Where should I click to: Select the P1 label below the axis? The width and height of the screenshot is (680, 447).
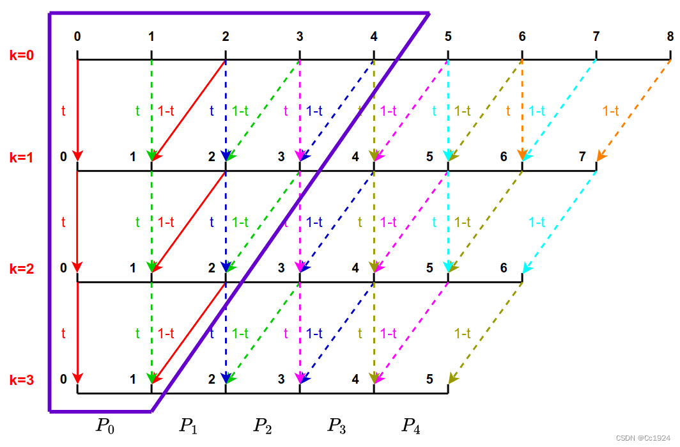pos(187,425)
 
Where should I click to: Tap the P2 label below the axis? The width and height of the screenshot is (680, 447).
pos(261,425)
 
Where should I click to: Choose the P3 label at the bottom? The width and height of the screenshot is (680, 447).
pos(336,425)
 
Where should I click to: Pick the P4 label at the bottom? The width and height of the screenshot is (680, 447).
pos(410,425)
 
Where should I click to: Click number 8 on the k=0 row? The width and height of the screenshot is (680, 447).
pos(670,36)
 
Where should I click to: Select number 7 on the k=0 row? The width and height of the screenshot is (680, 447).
pos(596,36)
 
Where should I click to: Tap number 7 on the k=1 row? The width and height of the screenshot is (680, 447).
pos(582,156)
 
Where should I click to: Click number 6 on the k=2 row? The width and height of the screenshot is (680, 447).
pos(504,268)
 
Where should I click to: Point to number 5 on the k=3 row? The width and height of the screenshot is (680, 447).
pos(431,379)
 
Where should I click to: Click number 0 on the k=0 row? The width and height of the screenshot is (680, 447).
pos(77,36)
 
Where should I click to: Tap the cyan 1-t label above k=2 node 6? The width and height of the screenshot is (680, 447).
pos(536,222)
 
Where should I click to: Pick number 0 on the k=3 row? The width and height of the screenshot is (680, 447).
pos(63,379)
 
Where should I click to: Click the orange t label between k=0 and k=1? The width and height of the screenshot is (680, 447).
pos(508,111)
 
